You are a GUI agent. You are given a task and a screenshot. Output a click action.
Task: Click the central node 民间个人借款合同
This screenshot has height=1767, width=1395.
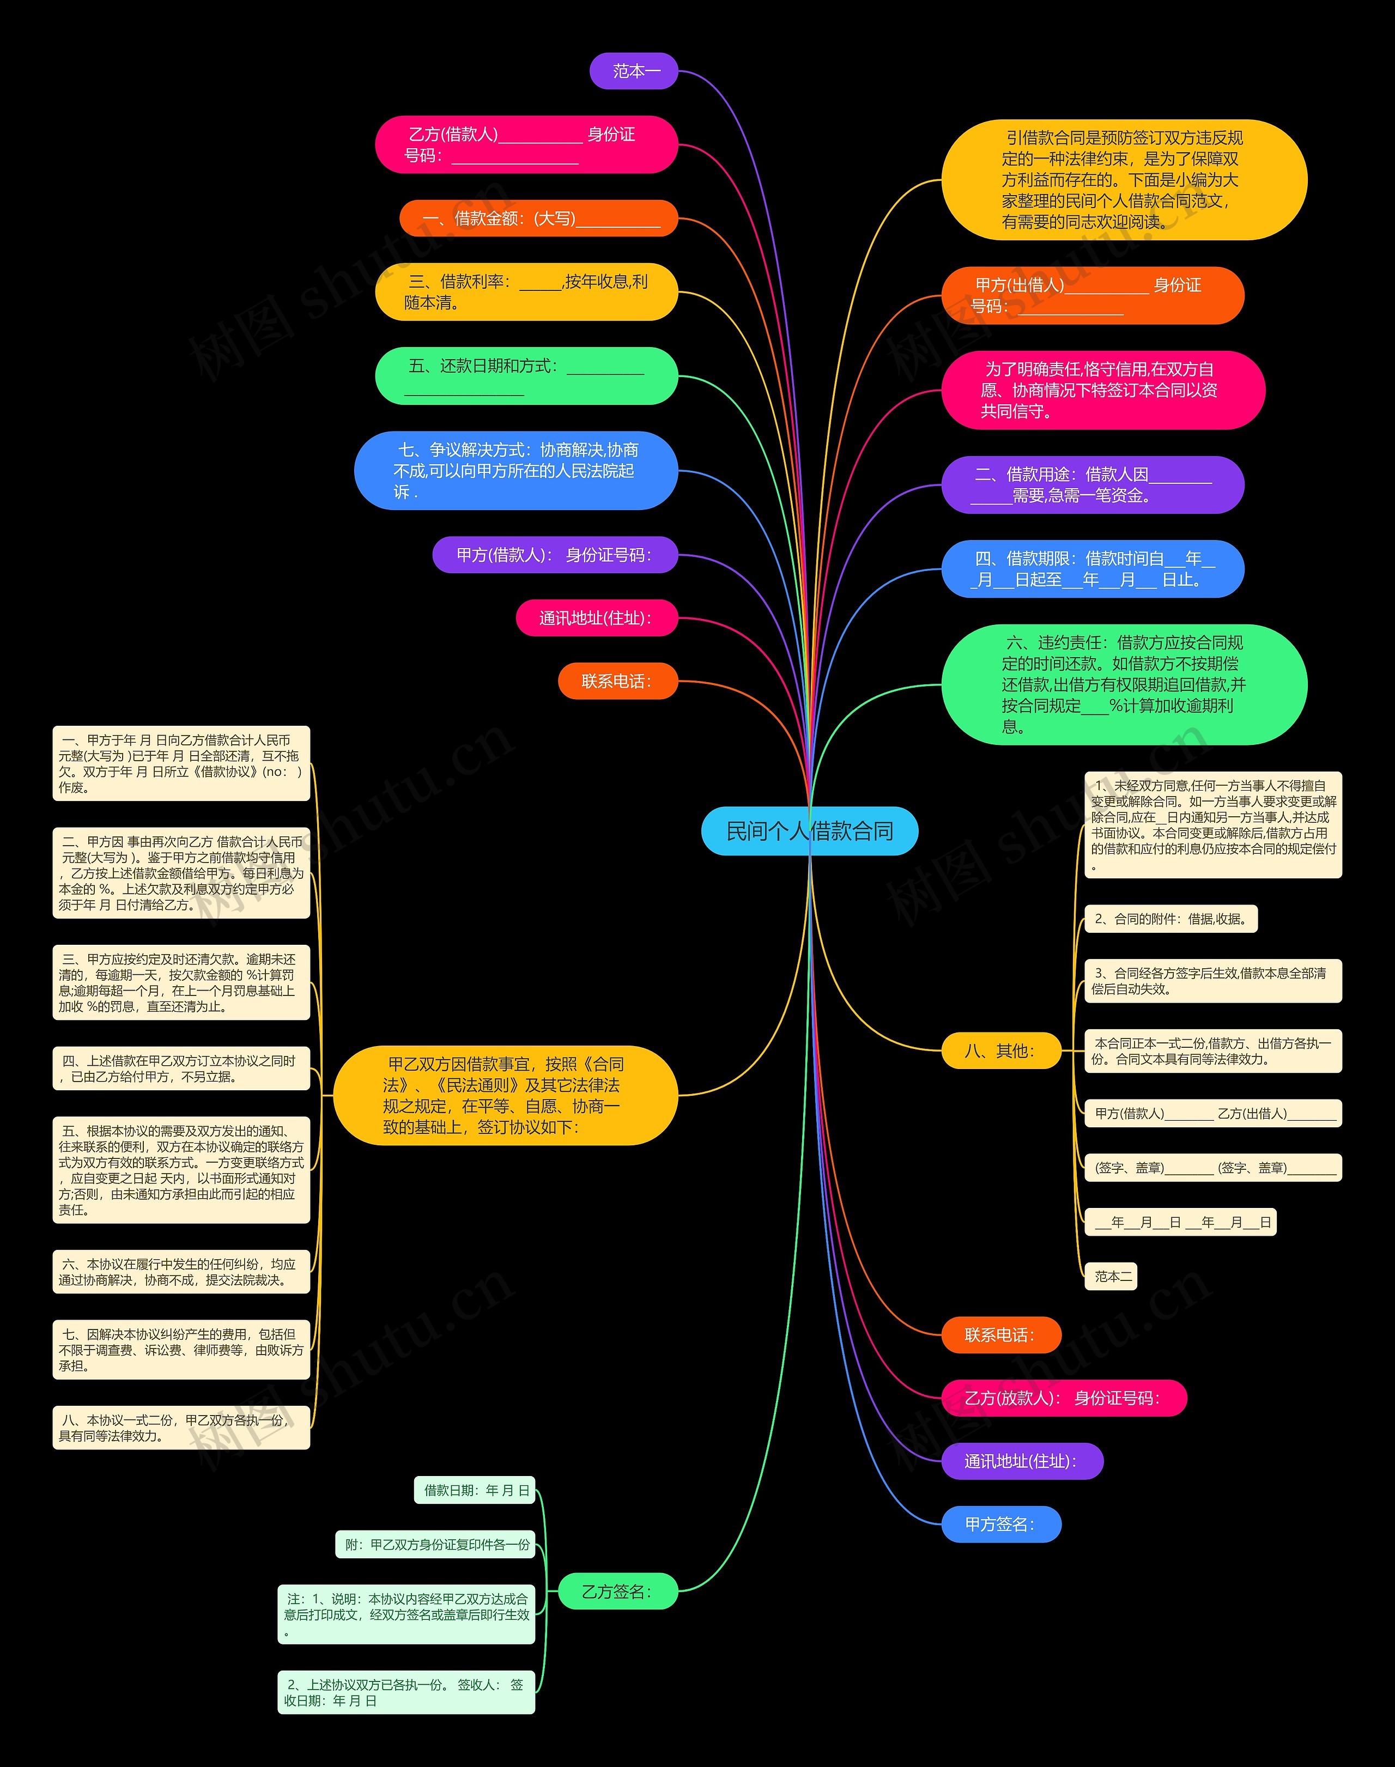pyautogui.click(x=809, y=831)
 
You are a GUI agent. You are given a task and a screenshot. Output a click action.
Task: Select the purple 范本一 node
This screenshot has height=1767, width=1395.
pyautogui.click(x=634, y=71)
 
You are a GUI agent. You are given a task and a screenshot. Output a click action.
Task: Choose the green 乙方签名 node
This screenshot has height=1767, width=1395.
pyautogui.click(x=617, y=1592)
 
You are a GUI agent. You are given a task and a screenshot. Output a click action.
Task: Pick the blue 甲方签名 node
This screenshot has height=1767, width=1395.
pyautogui.click(x=1000, y=1525)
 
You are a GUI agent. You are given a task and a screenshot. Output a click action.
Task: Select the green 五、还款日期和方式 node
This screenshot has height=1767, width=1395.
pyautogui.click(x=526, y=375)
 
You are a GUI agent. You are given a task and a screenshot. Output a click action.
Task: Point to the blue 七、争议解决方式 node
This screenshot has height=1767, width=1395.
pyautogui.click(x=515, y=470)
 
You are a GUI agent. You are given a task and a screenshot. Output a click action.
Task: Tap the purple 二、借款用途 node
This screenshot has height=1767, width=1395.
pyautogui.click(x=1092, y=485)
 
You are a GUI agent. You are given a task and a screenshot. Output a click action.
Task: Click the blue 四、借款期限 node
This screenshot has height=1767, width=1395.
pyautogui.click(x=1092, y=569)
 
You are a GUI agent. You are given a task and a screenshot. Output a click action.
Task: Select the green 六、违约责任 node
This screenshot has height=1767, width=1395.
pyautogui.click(x=1124, y=684)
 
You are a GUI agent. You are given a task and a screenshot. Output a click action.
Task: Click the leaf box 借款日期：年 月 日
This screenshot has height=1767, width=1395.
pyautogui.click(x=475, y=1490)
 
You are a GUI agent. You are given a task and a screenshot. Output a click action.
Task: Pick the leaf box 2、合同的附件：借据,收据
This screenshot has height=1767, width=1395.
pyautogui.click(x=1170, y=919)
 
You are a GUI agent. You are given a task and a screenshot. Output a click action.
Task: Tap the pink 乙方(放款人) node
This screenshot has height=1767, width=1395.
pyautogui.click(x=1063, y=1398)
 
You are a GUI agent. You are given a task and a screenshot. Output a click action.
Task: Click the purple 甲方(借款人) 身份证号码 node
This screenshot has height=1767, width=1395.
pyautogui.click(x=555, y=555)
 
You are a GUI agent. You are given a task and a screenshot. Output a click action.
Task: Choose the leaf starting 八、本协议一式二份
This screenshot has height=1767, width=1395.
pyautogui.click(x=180, y=1428)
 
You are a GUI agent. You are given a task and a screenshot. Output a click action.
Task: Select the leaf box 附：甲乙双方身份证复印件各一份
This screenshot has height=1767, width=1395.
pyautogui.click(x=435, y=1545)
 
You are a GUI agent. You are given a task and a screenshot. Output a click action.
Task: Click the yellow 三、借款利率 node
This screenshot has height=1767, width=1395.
pyautogui.click(x=526, y=292)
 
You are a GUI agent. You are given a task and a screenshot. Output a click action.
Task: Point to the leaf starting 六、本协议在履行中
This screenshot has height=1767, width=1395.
pyautogui.click(x=180, y=1271)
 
